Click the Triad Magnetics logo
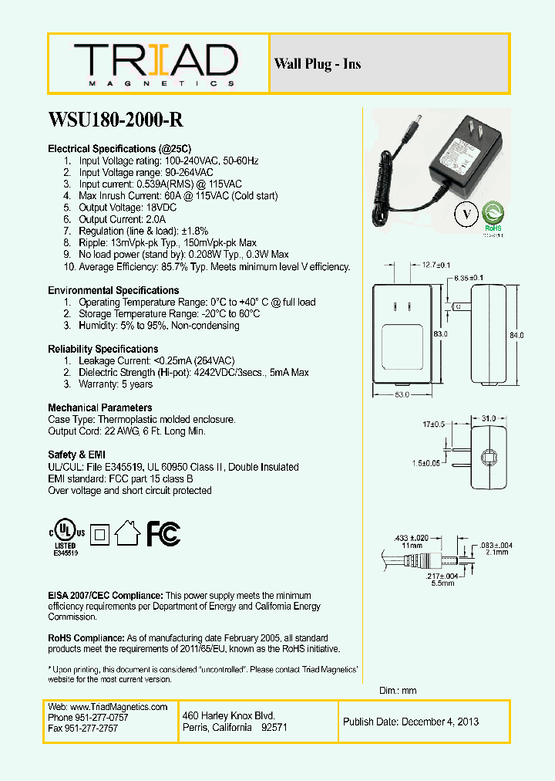point(156,64)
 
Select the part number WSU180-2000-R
point(116,120)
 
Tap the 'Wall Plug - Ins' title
point(317,64)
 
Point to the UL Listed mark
point(66,533)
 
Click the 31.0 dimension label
point(488,418)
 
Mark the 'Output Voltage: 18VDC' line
point(116,208)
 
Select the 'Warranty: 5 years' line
point(116,384)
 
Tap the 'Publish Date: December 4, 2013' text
point(411,722)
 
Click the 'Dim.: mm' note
point(398,691)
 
